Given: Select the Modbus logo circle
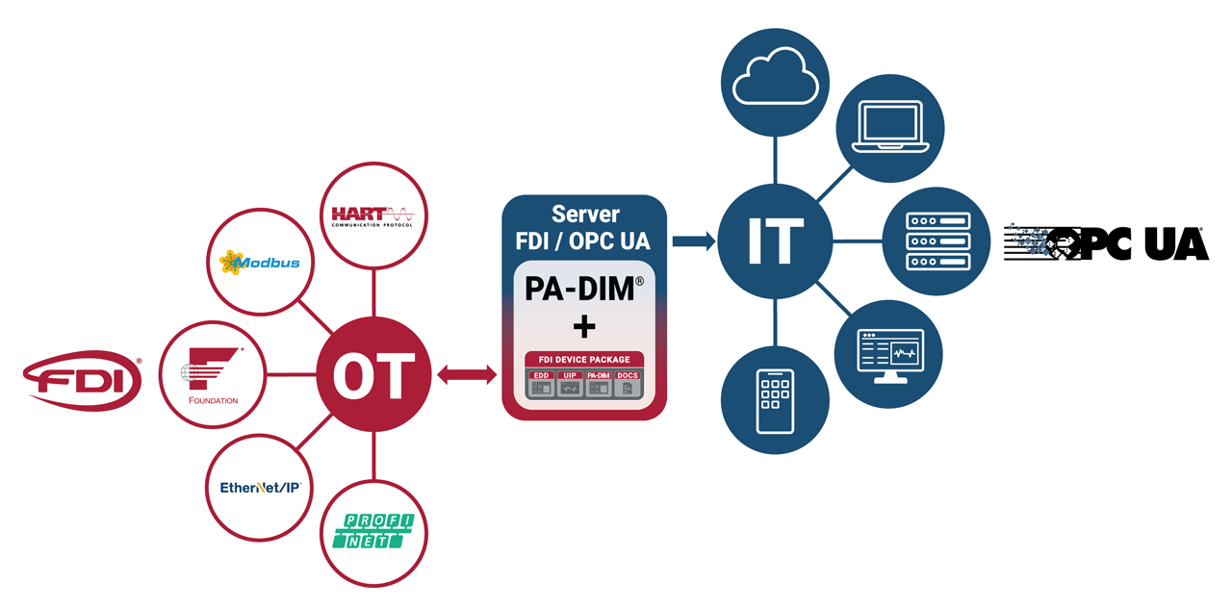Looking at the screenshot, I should [260, 262].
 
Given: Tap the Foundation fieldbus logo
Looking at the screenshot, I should [214, 374].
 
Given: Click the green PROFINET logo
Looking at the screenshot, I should [372, 532].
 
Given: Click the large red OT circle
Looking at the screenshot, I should [373, 374].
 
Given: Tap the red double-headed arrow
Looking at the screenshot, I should [467, 375].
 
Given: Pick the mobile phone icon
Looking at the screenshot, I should [776, 399].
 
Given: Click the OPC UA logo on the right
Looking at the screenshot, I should [1106, 243].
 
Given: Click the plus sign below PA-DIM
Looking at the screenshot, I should [583, 327].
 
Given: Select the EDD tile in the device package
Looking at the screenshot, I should [541, 384].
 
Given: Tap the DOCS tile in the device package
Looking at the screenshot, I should [628, 384].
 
